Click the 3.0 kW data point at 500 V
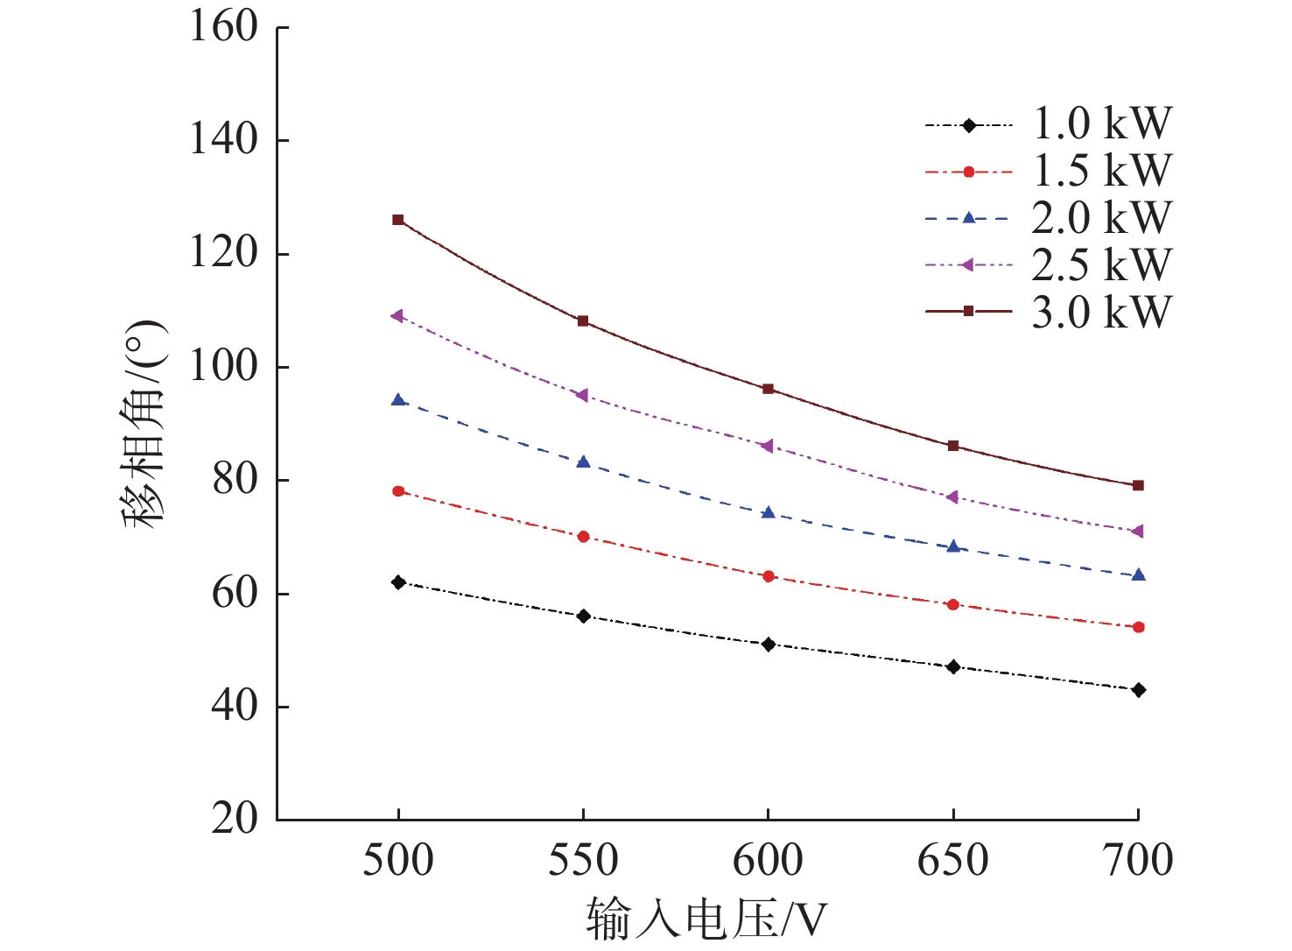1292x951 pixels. (398, 220)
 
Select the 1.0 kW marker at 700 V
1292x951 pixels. (1138, 690)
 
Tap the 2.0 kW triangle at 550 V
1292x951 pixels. (583, 461)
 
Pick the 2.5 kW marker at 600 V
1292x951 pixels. (768, 446)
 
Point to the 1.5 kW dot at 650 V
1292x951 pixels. (953, 604)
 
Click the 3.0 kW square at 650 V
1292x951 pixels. (953, 446)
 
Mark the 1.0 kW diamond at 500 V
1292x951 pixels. (398, 582)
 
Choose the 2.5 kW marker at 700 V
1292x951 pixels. (1138, 532)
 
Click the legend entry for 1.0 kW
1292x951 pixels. (1101, 124)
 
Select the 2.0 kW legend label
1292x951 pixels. (1101, 218)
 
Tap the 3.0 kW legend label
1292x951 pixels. (1101, 313)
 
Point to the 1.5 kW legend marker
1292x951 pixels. (969, 173)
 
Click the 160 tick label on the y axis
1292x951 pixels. (224, 27)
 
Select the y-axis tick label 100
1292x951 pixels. (224, 367)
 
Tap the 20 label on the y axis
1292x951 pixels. (235, 820)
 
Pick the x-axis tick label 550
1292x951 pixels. (583, 861)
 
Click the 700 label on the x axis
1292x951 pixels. (1138, 861)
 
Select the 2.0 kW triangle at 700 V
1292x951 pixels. (1138, 575)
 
